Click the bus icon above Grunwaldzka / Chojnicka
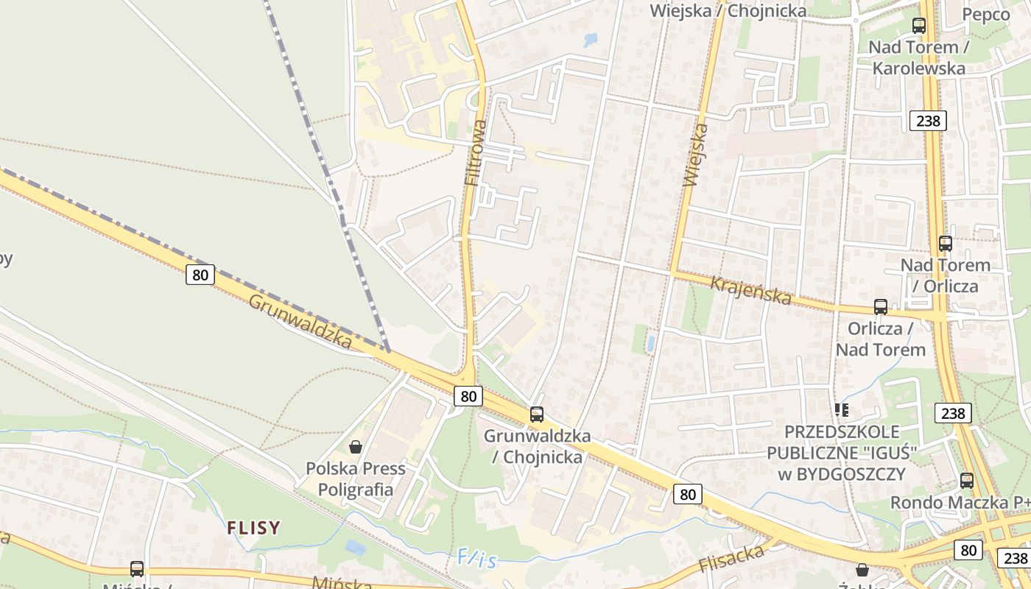tap(537, 415)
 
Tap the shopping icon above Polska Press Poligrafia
tap(356, 447)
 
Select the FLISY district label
tap(253, 527)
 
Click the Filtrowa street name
tap(476, 152)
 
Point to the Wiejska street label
tap(695, 155)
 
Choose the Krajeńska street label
tap(751, 291)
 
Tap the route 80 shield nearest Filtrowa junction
tap(468, 396)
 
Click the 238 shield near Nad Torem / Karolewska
tap(927, 120)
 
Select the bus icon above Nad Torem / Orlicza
tap(946, 243)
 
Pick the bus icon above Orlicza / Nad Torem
tap(881, 307)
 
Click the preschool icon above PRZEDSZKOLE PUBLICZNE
tap(842, 409)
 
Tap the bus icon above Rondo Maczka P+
tap(967, 481)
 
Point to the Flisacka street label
tap(731, 558)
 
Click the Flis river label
tap(476, 559)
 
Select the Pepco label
tap(986, 14)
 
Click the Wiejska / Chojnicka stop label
tap(728, 10)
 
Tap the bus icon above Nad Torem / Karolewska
tap(919, 26)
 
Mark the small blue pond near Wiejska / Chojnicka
tap(591, 39)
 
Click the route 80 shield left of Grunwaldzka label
tap(200, 275)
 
